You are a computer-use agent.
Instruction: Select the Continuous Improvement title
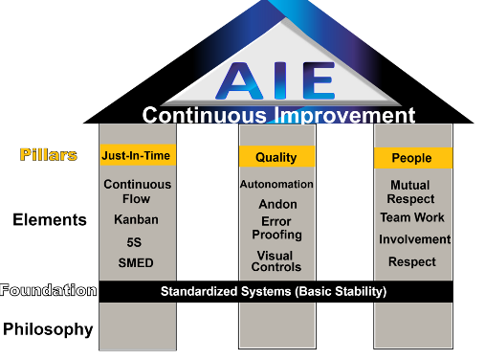(x=278, y=116)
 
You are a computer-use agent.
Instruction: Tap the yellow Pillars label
(x=49, y=154)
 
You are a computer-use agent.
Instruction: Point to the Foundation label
(x=49, y=290)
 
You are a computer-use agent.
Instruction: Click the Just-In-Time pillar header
(x=138, y=154)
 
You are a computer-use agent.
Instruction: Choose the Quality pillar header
(x=276, y=157)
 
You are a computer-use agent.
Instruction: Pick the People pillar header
(x=412, y=158)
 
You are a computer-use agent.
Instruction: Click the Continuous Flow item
(x=138, y=191)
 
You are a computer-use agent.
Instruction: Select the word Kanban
(x=136, y=219)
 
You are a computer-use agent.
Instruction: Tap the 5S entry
(x=136, y=241)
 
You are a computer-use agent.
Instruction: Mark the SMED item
(x=136, y=263)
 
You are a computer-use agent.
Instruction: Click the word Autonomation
(x=276, y=184)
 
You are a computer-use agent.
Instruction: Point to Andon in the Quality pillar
(x=277, y=204)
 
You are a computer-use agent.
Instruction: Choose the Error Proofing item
(x=277, y=228)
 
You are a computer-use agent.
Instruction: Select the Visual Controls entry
(x=276, y=261)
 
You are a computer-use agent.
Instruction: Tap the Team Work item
(x=412, y=217)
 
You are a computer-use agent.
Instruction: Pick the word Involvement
(x=413, y=239)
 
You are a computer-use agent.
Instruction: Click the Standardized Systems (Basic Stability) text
(x=273, y=291)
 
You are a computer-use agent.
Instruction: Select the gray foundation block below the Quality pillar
(x=277, y=326)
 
